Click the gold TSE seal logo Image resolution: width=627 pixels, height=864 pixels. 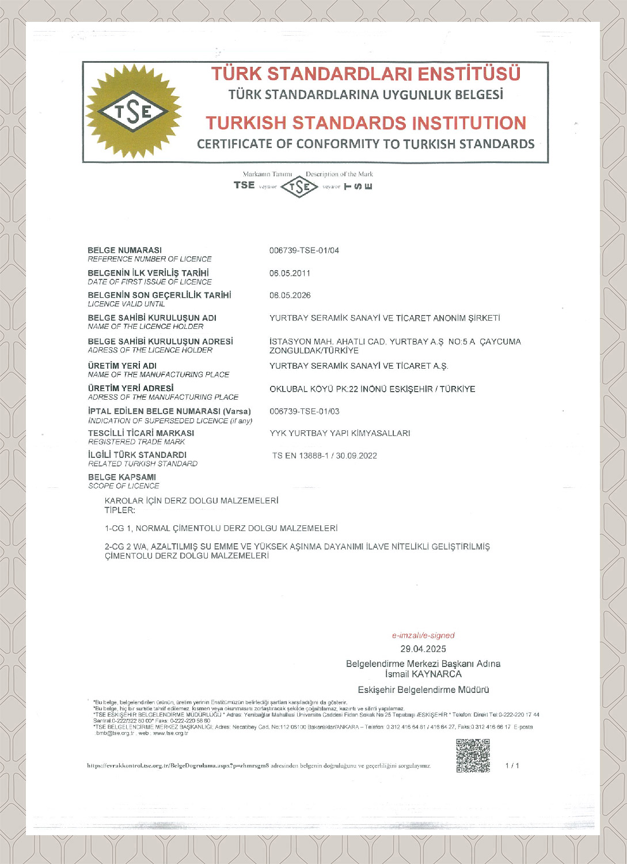[x=134, y=111]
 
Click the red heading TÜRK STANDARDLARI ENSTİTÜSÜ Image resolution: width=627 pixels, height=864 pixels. [x=366, y=74]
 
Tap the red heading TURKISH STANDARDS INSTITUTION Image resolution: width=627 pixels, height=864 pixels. [x=366, y=123]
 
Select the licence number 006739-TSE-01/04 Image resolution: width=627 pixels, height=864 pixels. [x=304, y=251]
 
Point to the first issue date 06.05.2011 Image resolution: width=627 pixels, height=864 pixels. [x=290, y=273]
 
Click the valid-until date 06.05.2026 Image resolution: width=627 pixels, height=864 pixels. [x=290, y=295]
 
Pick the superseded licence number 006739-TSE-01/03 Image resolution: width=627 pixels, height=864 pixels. [x=304, y=411]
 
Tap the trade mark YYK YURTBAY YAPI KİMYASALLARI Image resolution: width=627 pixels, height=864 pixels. [x=340, y=433]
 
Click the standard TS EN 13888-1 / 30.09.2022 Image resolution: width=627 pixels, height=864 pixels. [x=325, y=456]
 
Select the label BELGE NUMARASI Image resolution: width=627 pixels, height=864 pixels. [x=124, y=250]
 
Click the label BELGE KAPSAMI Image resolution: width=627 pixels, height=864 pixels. [x=121, y=477]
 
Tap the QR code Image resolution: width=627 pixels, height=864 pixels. [x=473, y=755]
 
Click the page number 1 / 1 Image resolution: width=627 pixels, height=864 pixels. [x=512, y=766]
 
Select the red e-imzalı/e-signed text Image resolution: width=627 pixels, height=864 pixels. [x=423, y=635]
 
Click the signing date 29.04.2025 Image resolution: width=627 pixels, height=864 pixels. [x=423, y=649]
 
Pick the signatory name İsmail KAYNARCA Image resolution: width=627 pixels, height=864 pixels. [x=423, y=674]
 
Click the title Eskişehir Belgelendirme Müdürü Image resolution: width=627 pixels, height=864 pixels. [x=423, y=689]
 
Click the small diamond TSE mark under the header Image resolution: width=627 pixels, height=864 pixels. [x=299, y=187]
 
